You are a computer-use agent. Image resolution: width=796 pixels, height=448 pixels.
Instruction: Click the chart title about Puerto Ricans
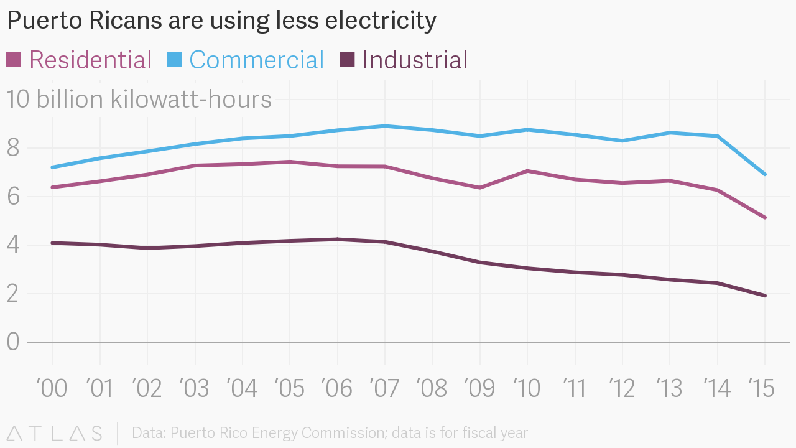point(221,21)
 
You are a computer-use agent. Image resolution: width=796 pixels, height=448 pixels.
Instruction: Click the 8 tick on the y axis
point(14,149)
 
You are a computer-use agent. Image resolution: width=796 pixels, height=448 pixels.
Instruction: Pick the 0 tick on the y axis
point(14,342)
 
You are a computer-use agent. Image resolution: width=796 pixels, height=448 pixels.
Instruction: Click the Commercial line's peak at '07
point(385,126)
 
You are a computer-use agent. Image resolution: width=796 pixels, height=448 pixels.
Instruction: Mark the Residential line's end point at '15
point(765,218)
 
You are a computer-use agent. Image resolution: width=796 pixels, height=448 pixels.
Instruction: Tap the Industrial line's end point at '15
point(765,296)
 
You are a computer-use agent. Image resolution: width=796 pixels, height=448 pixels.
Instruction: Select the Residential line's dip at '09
point(480,187)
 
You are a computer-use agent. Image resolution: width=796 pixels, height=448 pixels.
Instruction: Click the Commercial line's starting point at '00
point(52,167)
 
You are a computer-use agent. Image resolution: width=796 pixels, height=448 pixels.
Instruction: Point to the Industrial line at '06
point(337,239)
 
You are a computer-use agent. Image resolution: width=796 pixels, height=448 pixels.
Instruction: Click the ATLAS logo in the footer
point(55,433)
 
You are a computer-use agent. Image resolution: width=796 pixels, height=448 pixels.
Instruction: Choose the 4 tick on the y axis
point(14,245)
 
